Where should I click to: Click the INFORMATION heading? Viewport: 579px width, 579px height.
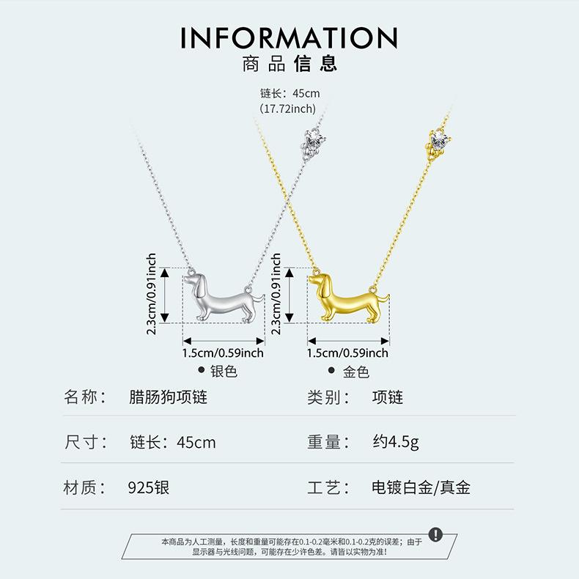coord(289,37)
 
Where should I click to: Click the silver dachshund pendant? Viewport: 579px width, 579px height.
coord(224,298)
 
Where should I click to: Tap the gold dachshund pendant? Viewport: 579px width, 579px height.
coord(349,298)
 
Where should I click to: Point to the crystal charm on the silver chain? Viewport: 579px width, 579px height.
coord(313,143)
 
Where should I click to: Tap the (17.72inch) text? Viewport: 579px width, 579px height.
coord(287,109)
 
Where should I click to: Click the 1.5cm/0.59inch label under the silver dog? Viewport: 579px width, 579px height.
coord(223,353)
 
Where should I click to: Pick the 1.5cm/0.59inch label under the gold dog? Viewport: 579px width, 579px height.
coord(348,353)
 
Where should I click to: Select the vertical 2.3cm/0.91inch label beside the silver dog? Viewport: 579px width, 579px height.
coord(152,294)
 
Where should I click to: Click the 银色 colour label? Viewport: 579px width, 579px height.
coord(224,371)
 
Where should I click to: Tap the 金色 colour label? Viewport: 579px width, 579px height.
coord(356,372)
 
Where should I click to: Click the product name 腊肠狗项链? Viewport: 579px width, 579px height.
coord(168,397)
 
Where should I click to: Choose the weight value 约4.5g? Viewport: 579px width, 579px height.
coord(396,442)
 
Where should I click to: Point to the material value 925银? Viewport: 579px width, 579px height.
coord(149,487)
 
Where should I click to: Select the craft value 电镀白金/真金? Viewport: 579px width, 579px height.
coord(421,487)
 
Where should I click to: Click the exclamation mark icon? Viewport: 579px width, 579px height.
coord(436,534)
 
